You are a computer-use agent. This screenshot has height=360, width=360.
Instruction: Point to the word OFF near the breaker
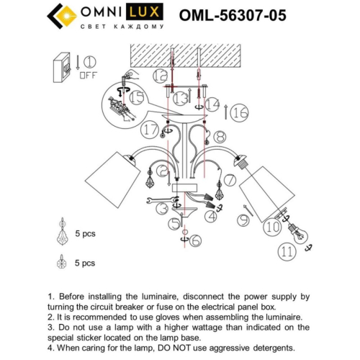[x=88, y=73]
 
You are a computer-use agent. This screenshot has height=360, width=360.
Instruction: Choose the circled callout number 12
[x=160, y=74]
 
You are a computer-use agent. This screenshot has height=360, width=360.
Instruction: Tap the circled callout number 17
[x=150, y=130]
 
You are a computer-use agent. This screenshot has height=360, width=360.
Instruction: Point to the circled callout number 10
[x=272, y=228]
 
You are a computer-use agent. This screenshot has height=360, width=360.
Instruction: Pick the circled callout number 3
[x=164, y=209]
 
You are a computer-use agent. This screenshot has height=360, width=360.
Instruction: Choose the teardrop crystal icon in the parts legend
[x=62, y=235]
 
